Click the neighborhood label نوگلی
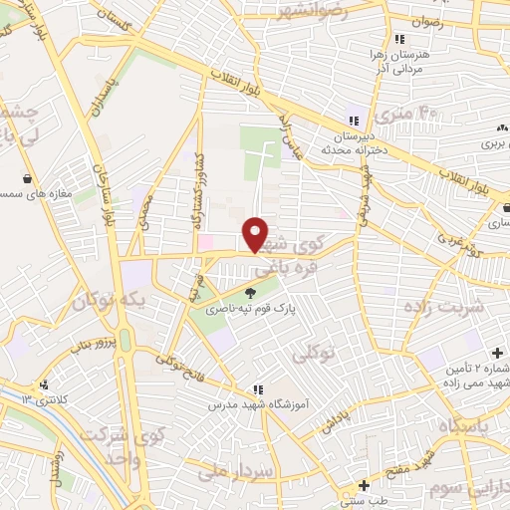click(315, 354)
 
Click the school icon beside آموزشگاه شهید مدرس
click(257, 390)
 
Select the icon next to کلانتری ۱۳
click(43, 385)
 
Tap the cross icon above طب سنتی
click(364, 485)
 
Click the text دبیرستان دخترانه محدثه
click(352, 141)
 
